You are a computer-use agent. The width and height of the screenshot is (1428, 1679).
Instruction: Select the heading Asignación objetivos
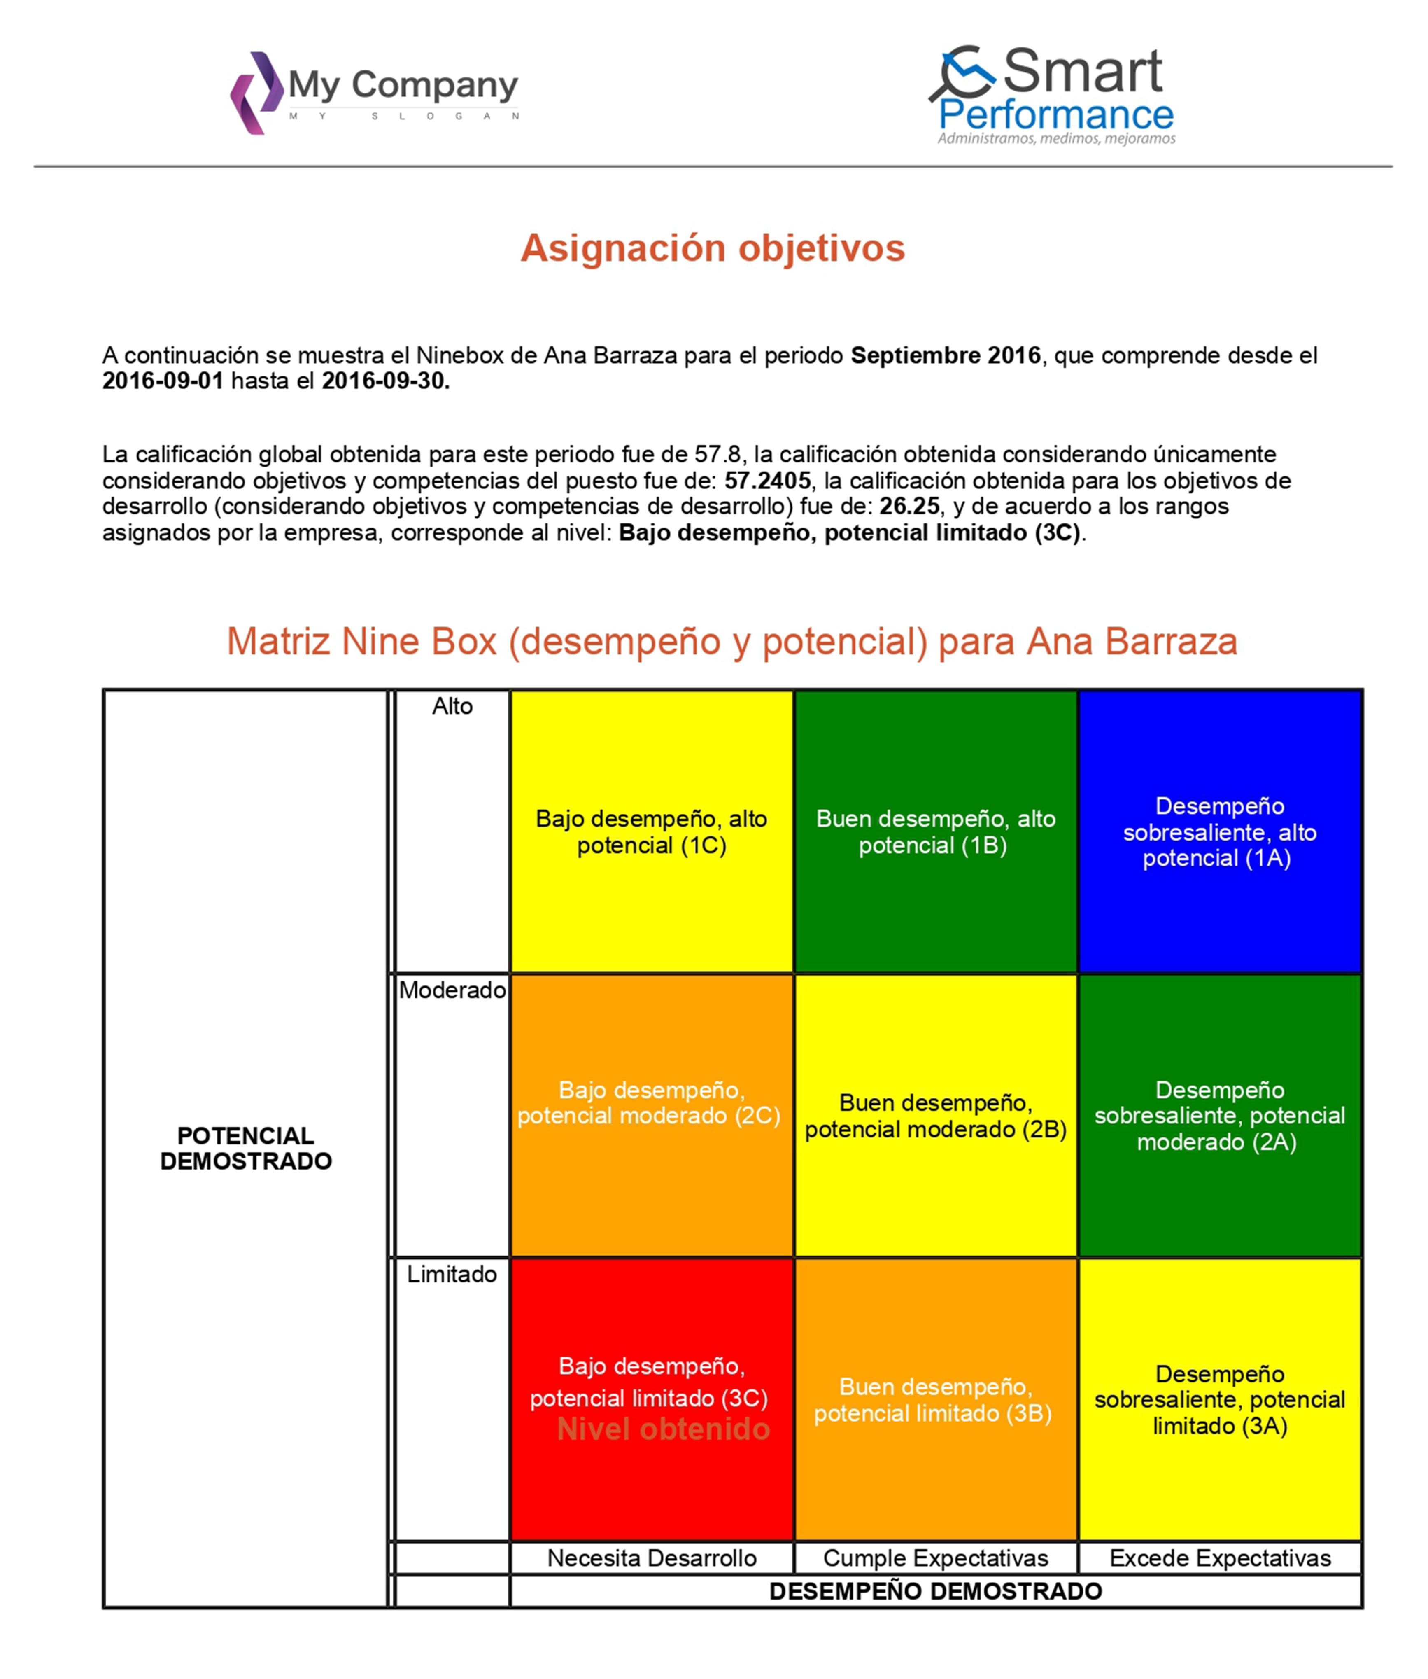713,248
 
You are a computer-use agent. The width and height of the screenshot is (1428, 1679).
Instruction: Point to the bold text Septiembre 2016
946,355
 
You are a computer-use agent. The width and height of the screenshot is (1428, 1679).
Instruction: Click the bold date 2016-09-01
163,381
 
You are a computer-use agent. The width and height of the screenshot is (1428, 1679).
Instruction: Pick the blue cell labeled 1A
1220,832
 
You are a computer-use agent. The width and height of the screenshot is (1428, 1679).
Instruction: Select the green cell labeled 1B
936,832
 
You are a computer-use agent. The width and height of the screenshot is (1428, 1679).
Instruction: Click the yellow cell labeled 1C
652,832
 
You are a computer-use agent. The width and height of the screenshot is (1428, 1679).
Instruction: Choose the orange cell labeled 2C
652,1115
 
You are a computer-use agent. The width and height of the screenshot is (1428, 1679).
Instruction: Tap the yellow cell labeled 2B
936,1115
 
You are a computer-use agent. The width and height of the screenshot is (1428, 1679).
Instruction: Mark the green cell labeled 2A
1220,1115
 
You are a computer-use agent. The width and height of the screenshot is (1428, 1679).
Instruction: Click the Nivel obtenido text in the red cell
663,1429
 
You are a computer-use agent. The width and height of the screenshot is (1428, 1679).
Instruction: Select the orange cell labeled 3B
936,1399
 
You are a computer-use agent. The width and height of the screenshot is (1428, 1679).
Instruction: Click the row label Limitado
452,1274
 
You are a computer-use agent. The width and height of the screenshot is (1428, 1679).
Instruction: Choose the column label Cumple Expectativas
936,1558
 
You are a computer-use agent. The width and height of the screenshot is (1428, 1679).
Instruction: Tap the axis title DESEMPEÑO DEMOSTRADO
936,1591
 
